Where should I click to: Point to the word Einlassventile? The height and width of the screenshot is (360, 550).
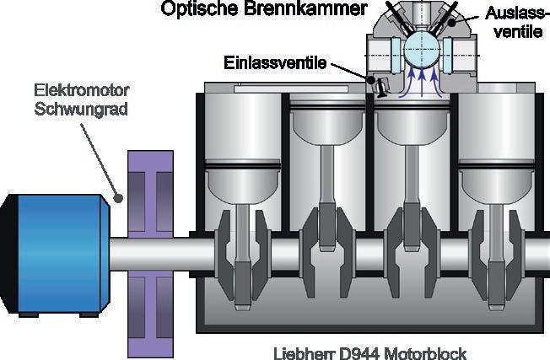click(275, 63)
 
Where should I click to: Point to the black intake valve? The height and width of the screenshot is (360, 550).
click(380, 84)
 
